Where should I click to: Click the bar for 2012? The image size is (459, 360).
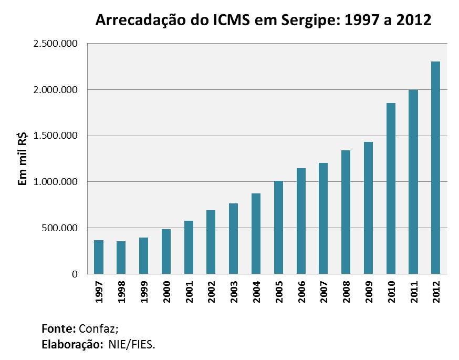(x=435, y=168)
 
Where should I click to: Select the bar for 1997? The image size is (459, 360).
(x=99, y=257)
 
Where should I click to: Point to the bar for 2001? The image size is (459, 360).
(x=189, y=247)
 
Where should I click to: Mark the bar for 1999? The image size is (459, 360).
(x=143, y=255)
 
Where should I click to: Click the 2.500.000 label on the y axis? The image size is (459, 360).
(x=55, y=44)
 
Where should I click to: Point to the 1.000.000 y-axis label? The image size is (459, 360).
(x=55, y=182)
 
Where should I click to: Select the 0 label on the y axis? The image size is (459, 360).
(x=75, y=274)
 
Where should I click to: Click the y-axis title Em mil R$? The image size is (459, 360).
(x=23, y=159)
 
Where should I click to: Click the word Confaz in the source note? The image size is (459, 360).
(x=98, y=329)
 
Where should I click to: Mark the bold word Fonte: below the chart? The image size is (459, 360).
(x=58, y=329)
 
